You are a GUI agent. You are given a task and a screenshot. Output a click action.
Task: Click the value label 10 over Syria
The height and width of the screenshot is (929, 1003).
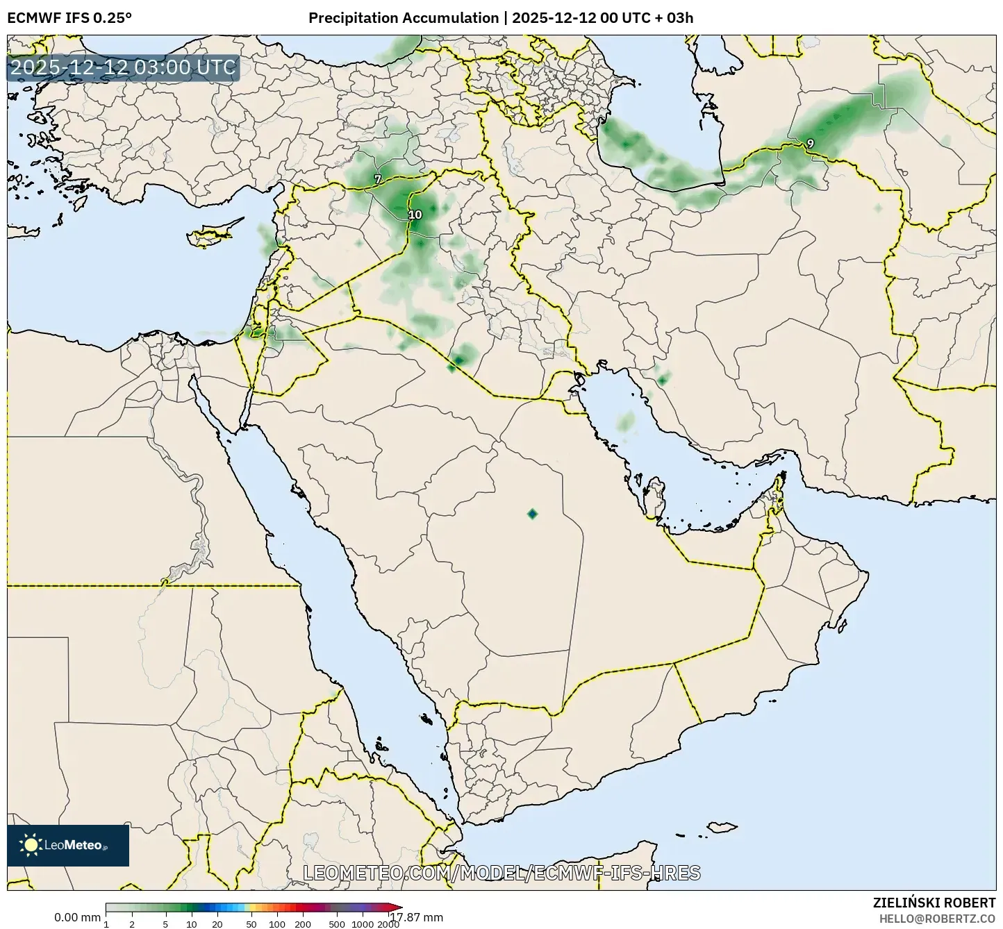[x=415, y=215]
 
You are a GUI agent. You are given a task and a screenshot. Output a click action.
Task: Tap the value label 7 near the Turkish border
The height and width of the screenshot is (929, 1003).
[x=377, y=179]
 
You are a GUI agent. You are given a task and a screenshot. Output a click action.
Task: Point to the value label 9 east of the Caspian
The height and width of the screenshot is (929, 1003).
[x=810, y=144]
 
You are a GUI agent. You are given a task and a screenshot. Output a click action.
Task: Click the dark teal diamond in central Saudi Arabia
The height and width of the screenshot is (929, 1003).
[x=532, y=514]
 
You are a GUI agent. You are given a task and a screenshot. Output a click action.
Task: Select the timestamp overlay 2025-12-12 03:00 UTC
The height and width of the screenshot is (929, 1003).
[x=123, y=67]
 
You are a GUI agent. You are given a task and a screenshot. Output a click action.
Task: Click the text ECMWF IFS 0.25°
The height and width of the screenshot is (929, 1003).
[x=69, y=18]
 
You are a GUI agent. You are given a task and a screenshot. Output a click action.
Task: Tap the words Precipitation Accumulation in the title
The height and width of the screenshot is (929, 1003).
[x=404, y=18]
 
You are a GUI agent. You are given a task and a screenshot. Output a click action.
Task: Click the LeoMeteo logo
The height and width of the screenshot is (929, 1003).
[x=68, y=845]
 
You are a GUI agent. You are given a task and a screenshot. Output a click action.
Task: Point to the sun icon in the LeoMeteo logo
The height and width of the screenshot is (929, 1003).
[x=31, y=845]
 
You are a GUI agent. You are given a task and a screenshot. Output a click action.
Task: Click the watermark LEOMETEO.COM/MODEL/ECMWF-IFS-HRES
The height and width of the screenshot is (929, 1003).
[x=501, y=873]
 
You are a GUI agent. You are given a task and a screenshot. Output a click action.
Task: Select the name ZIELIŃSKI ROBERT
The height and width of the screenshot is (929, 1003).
[x=934, y=903]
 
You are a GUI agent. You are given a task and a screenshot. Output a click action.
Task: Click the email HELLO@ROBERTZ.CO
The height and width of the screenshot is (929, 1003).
[x=937, y=918]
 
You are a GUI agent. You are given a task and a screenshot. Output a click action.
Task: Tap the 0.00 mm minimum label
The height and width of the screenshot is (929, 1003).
[x=77, y=917]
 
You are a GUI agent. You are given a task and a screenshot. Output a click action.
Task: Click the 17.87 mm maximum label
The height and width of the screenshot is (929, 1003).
[x=416, y=917]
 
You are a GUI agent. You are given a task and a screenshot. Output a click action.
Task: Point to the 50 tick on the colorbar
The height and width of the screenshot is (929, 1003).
[x=251, y=923]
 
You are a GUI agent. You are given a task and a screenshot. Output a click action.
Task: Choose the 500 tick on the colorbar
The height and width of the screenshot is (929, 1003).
[x=337, y=923]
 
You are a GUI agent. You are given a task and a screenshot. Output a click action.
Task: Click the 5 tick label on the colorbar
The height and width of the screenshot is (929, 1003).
[x=165, y=923]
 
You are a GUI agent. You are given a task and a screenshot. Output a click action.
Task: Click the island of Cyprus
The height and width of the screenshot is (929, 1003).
[x=212, y=234]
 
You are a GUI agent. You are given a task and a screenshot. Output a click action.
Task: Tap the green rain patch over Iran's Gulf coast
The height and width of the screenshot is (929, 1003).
[x=662, y=380]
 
